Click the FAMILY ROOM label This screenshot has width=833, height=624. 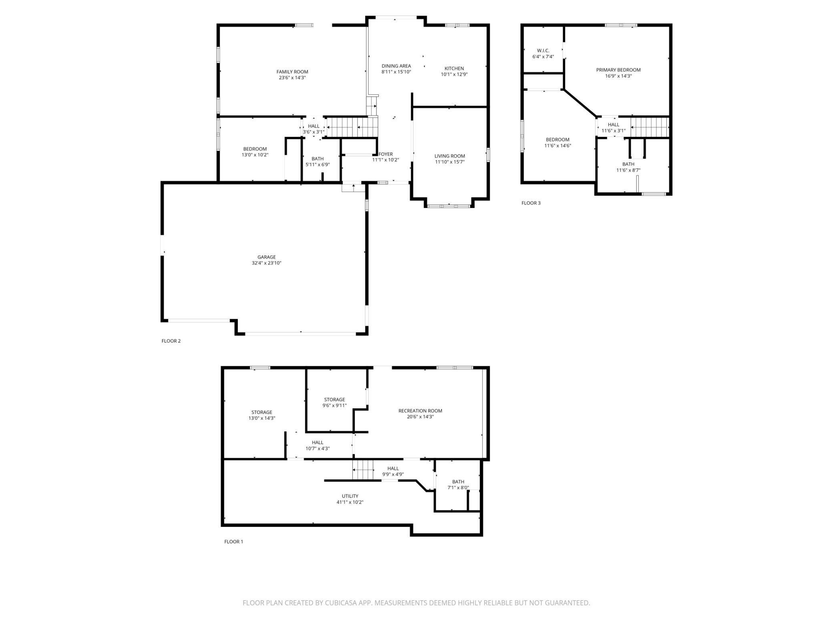click(292, 72)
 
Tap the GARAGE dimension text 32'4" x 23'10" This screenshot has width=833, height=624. click(267, 263)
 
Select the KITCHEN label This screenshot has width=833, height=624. click(454, 68)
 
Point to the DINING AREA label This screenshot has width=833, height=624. click(396, 66)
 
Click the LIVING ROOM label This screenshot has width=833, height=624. click(450, 156)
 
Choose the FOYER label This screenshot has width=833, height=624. click(386, 154)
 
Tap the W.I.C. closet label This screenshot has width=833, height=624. click(543, 50)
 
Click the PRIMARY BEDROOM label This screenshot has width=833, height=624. click(618, 70)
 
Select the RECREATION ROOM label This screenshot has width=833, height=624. click(420, 411)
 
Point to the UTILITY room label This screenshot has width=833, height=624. click(350, 496)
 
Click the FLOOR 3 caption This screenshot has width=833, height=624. click(531, 203)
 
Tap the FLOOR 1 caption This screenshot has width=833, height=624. click(233, 542)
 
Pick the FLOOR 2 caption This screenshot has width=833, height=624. click(171, 341)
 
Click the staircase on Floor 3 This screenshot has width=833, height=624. click(650, 127)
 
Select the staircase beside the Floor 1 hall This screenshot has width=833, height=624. click(363, 469)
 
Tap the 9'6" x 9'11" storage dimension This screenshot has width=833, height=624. click(334, 406)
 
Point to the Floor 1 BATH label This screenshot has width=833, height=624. click(458, 482)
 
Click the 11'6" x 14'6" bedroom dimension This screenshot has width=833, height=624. click(557, 146)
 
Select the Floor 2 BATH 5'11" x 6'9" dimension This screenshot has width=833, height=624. click(318, 164)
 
